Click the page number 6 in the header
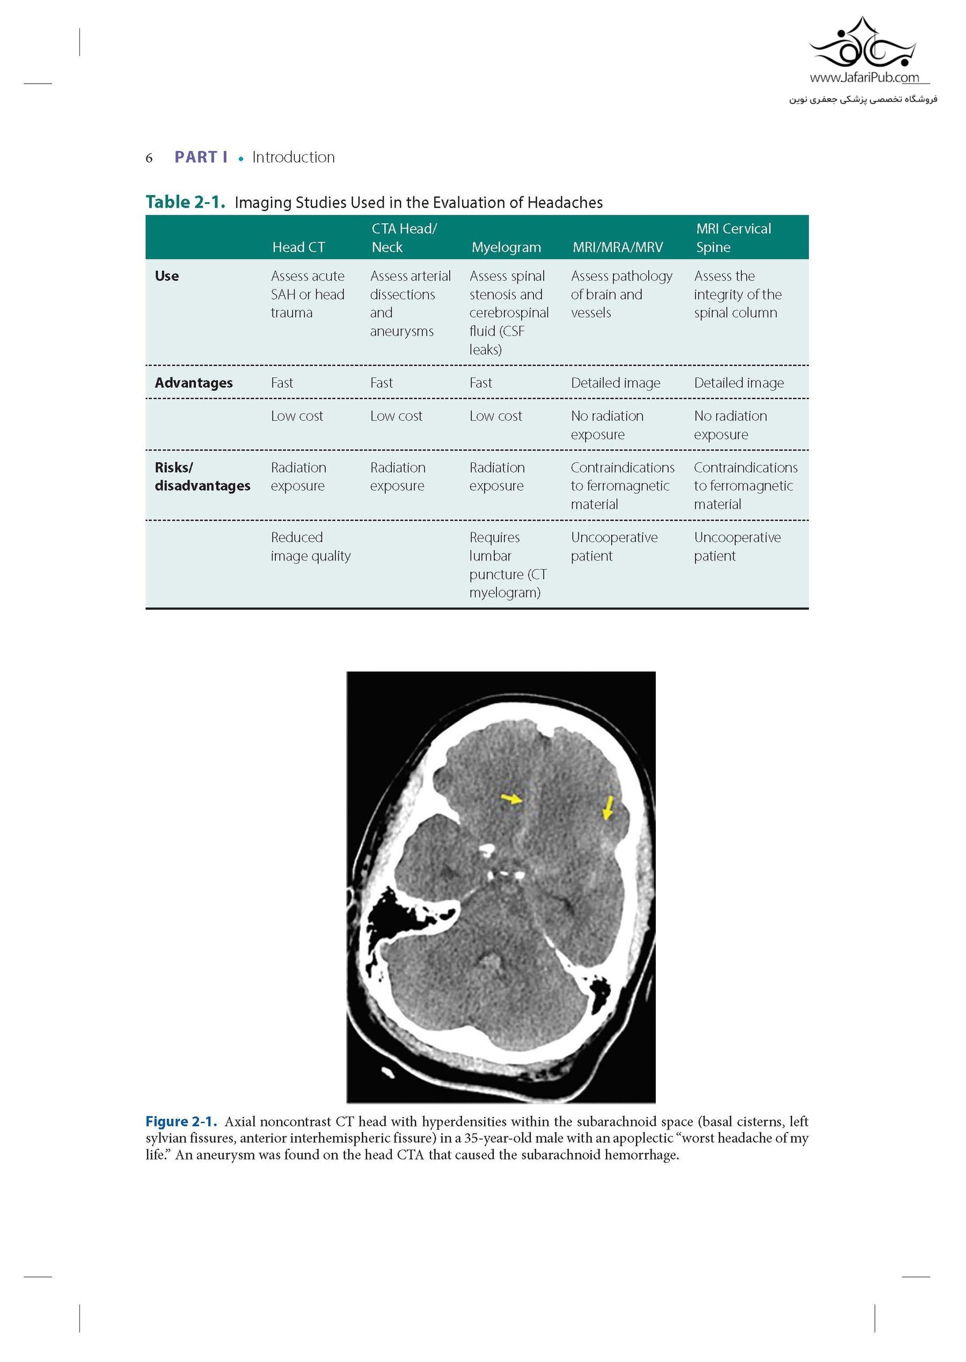(149, 158)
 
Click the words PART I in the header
(201, 157)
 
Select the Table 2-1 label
(185, 202)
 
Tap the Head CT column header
(298, 247)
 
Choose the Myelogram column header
(506, 247)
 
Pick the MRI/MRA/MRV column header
(617, 247)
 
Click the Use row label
(166, 276)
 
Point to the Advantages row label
(193, 383)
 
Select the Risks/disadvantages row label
(202, 477)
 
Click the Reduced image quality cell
(311, 546)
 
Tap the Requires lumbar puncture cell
(507, 565)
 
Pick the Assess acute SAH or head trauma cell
(308, 294)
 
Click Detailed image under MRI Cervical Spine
(739, 383)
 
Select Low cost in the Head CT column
(297, 416)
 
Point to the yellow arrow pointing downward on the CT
(608, 808)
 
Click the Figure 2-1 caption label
(181, 1121)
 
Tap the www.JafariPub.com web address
(863, 77)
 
